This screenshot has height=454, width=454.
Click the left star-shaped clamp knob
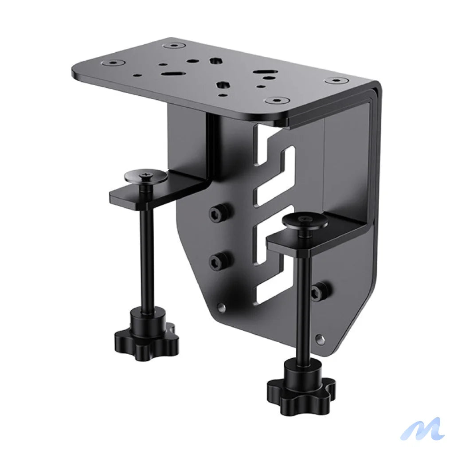point(146,339)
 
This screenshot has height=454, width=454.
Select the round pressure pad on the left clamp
point(146,176)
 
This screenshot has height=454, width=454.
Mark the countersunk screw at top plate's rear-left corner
point(176,45)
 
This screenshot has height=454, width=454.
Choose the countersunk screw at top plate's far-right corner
point(336,81)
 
